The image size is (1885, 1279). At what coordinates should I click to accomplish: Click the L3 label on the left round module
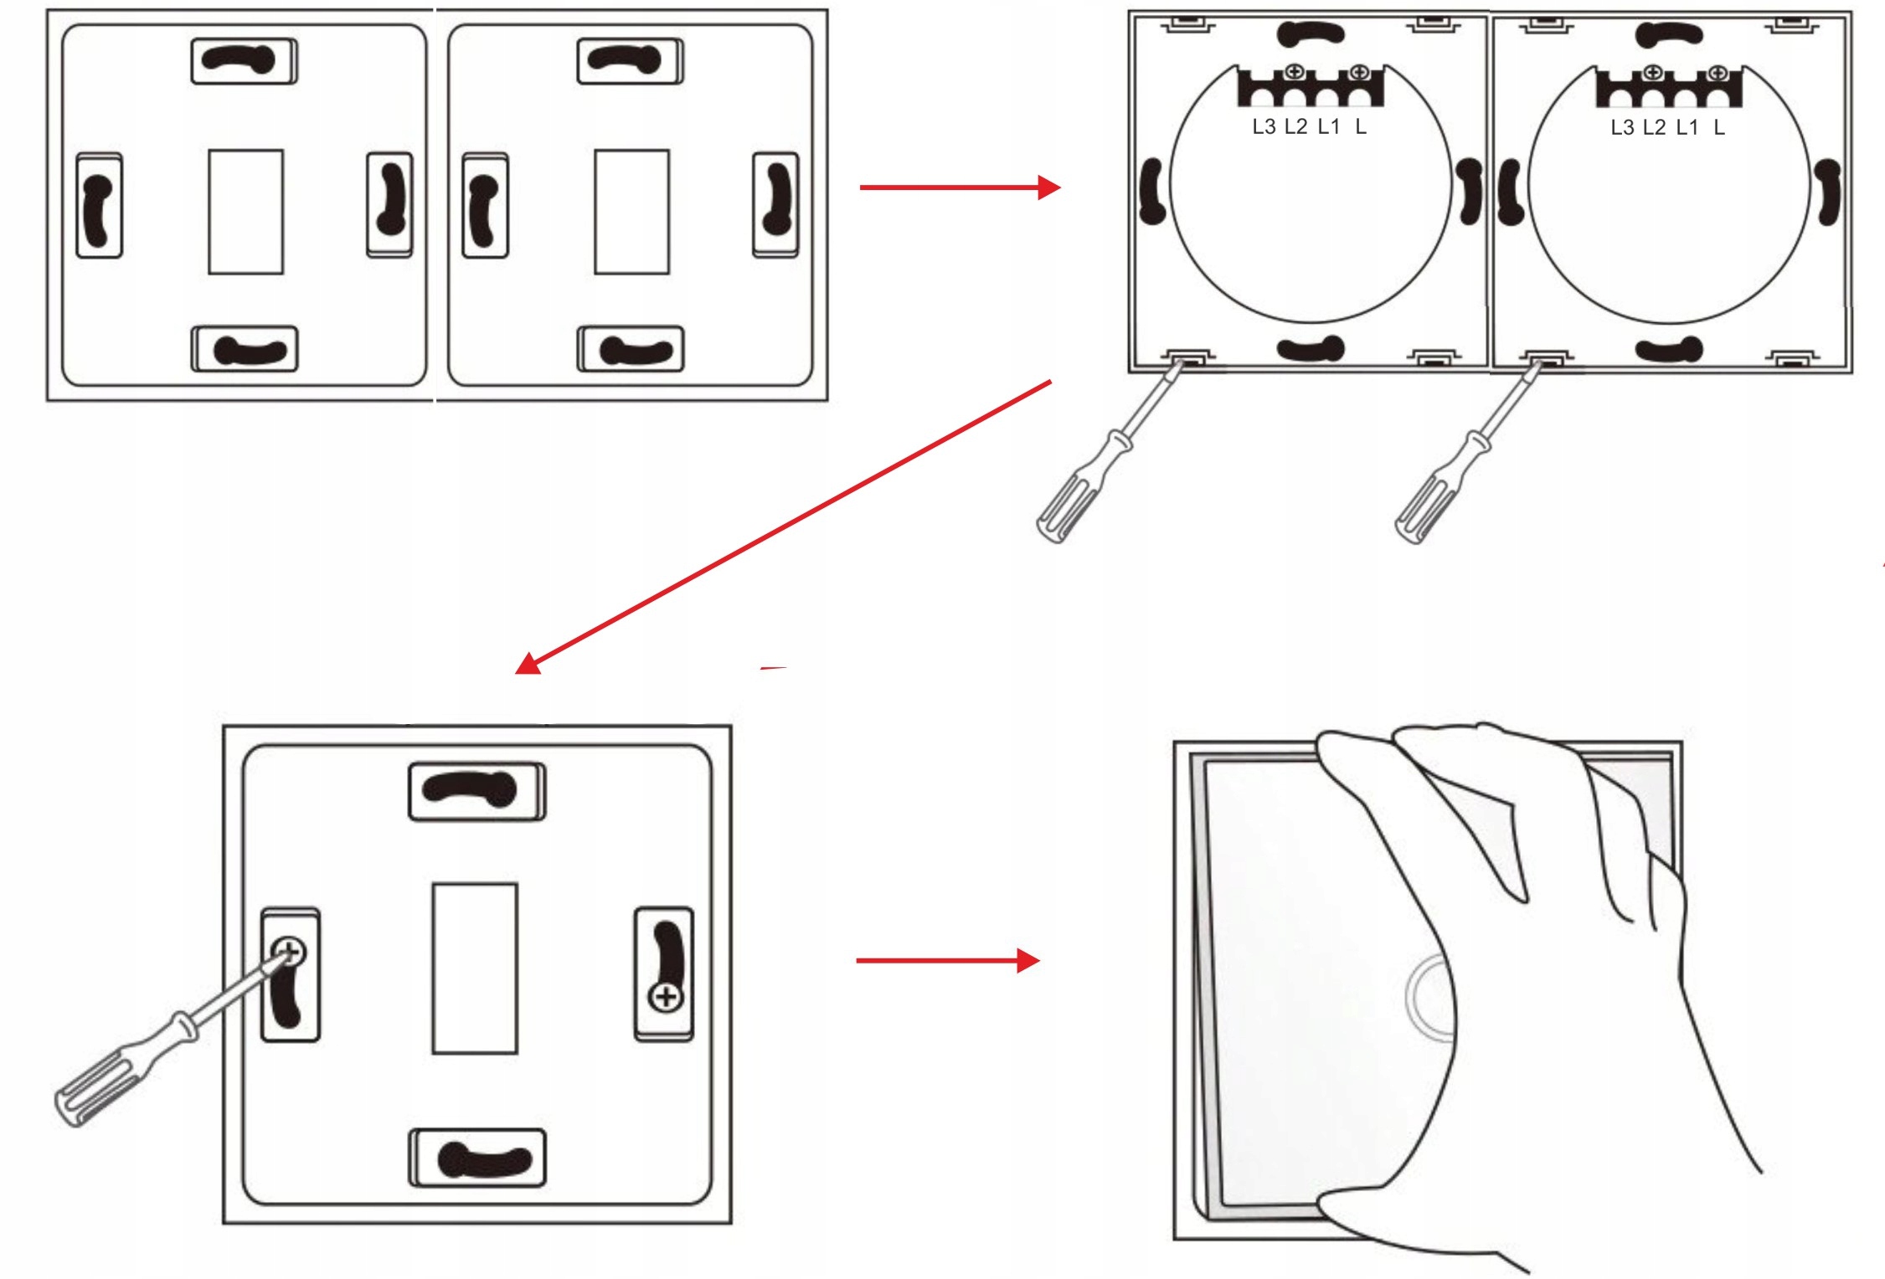tap(1263, 127)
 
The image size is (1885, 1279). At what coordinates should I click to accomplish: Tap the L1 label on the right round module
tap(1687, 128)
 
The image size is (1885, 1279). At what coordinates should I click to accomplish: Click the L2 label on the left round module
tap(1295, 127)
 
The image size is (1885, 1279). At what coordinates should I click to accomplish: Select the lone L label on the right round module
tap(1718, 128)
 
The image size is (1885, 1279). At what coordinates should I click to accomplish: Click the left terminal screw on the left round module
tap(1295, 73)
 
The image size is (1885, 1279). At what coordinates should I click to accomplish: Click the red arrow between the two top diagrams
tap(959, 187)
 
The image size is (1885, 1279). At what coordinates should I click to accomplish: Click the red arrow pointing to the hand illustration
tap(946, 960)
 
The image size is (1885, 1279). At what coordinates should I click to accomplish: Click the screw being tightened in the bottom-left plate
tap(289, 952)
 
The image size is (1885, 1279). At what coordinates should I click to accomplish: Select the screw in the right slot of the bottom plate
tap(666, 997)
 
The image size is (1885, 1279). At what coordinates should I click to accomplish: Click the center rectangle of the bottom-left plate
tap(474, 968)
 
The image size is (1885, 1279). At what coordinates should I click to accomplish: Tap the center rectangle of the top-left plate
tap(245, 212)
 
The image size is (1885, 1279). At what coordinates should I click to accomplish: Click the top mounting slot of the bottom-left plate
tap(476, 790)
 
